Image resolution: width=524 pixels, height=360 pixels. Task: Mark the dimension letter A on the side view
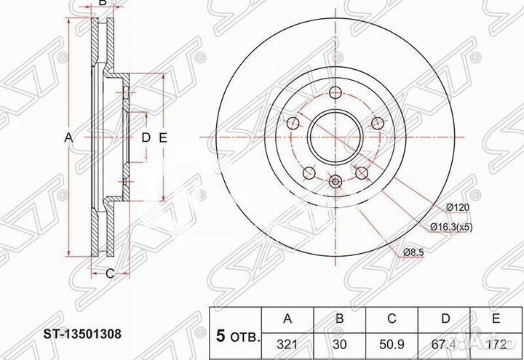(x=69, y=137)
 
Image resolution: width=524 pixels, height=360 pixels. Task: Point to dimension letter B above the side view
(x=103, y=4)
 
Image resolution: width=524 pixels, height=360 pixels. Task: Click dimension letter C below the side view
(x=109, y=273)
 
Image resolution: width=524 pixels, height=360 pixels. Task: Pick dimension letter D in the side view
(x=145, y=137)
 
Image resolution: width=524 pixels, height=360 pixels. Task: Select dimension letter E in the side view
(x=164, y=137)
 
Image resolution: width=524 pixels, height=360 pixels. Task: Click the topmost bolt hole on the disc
(x=336, y=92)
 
